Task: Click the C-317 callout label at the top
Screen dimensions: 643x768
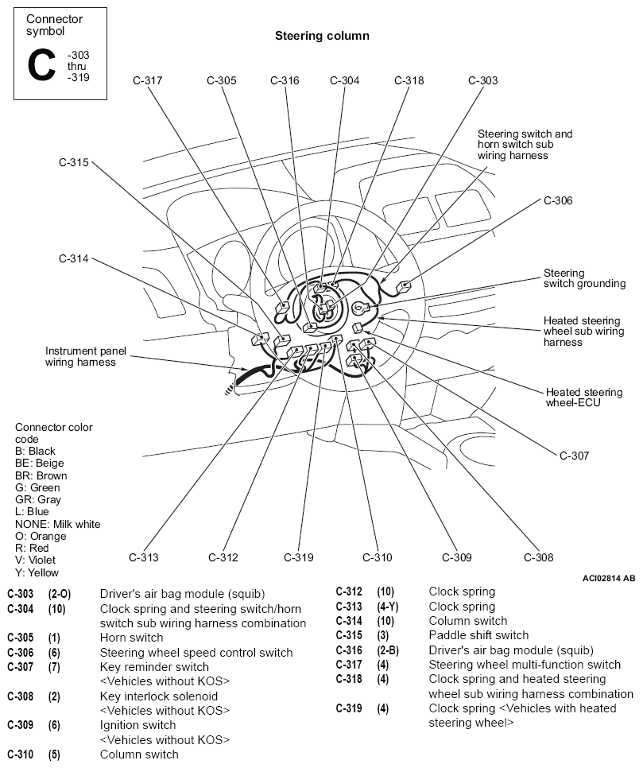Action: pyautogui.click(x=147, y=80)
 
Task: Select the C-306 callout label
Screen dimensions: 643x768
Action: pyautogui.click(x=558, y=200)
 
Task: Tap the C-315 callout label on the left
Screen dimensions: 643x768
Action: pyautogui.click(x=73, y=162)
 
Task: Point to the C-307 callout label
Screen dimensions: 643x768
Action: pyautogui.click(x=574, y=456)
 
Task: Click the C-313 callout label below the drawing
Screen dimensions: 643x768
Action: pyautogui.click(x=144, y=557)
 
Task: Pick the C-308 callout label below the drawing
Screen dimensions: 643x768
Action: pyautogui.click(x=538, y=557)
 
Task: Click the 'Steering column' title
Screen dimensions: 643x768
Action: pyautogui.click(x=322, y=36)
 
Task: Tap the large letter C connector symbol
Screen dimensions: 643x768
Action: pyautogui.click(x=41, y=64)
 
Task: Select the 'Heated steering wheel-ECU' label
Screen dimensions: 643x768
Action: pyautogui.click(x=583, y=398)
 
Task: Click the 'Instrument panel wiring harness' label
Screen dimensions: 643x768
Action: pyautogui.click(x=85, y=356)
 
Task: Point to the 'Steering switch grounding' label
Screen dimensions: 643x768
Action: pyautogui.click(x=584, y=278)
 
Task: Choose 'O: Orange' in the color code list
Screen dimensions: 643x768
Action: pyautogui.click(x=41, y=536)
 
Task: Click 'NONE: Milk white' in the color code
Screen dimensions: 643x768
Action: pyautogui.click(x=58, y=524)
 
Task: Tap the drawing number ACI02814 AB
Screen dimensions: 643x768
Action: pyautogui.click(x=609, y=579)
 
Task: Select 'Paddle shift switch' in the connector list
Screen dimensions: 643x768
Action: pyautogui.click(x=478, y=635)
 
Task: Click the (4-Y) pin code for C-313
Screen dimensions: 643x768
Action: pyautogui.click(x=387, y=607)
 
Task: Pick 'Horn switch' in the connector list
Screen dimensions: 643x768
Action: pyautogui.click(x=131, y=638)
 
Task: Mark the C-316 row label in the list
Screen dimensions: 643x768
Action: pyautogui.click(x=349, y=650)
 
